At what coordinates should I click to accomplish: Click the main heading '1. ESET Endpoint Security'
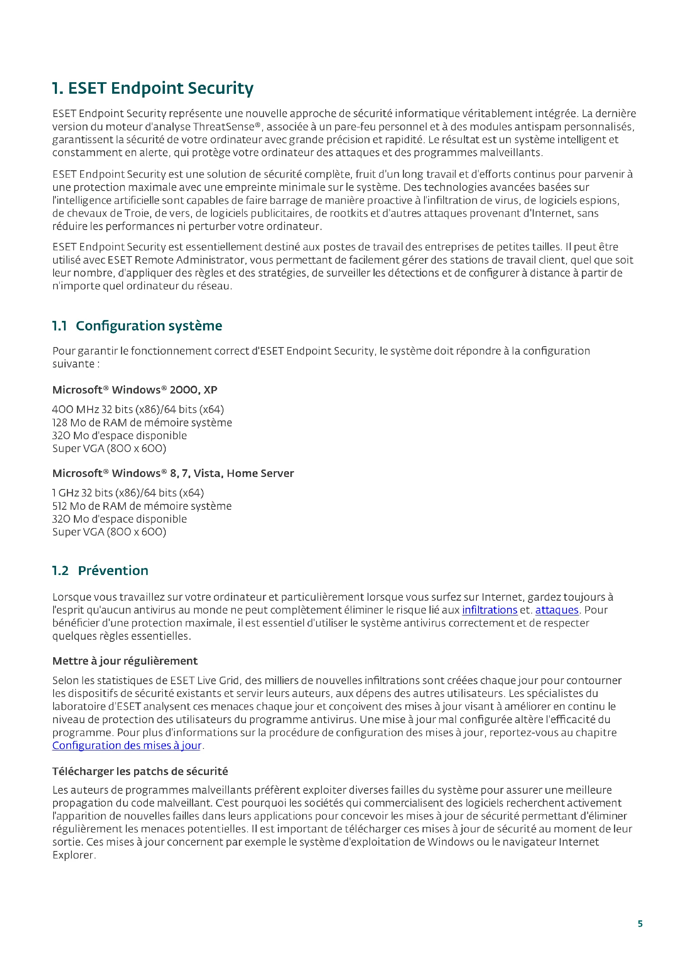click(152, 88)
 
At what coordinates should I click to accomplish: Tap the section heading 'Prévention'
click(113, 570)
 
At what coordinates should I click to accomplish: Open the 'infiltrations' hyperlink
click(489, 610)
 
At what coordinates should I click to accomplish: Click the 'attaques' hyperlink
click(557, 610)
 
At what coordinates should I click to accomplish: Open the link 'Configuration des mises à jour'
click(127, 745)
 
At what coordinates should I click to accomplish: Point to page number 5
click(640, 924)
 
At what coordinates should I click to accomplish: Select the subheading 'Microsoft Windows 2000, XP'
click(135, 389)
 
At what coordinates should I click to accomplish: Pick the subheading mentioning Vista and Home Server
click(173, 473)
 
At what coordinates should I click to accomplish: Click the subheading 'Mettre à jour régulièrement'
click(125, 660)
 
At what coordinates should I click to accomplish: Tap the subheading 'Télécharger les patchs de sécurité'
click(140, 771)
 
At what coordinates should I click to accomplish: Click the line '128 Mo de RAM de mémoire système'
click(142, 422)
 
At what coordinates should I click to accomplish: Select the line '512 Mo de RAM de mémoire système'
click(142, 506)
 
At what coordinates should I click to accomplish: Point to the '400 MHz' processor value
click(75, 409)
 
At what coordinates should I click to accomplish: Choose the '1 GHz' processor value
click(66, 493)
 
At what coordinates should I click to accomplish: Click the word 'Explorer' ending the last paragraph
click(73, 855)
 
